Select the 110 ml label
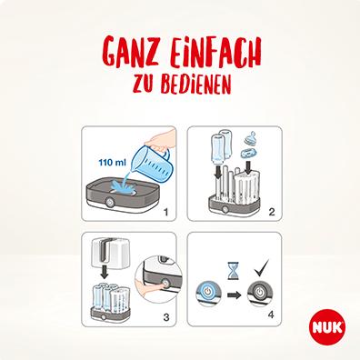pos(113,165)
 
